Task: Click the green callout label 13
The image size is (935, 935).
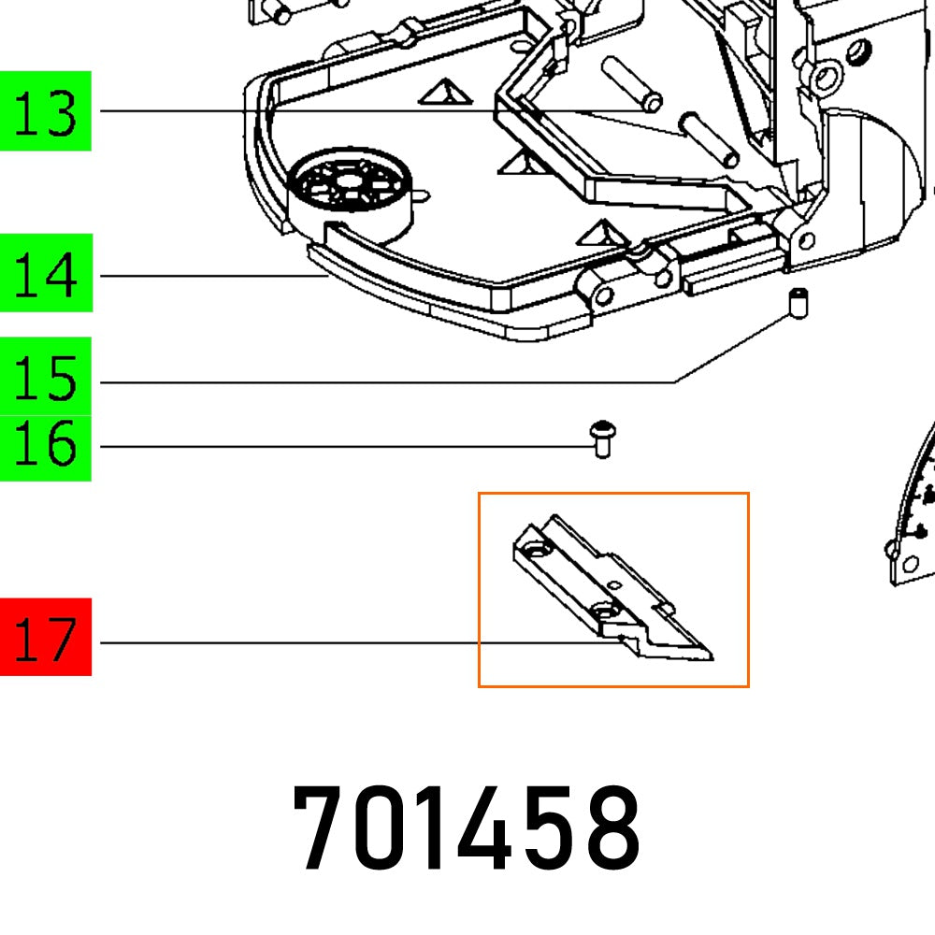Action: (x=45, y=111)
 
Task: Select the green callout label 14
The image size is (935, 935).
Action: (x=46, y=274)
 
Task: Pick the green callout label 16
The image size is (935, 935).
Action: (x=46, y=447)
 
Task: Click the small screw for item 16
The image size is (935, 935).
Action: (x=602, y=439)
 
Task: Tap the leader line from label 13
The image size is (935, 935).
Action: (x=299, y=111)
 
